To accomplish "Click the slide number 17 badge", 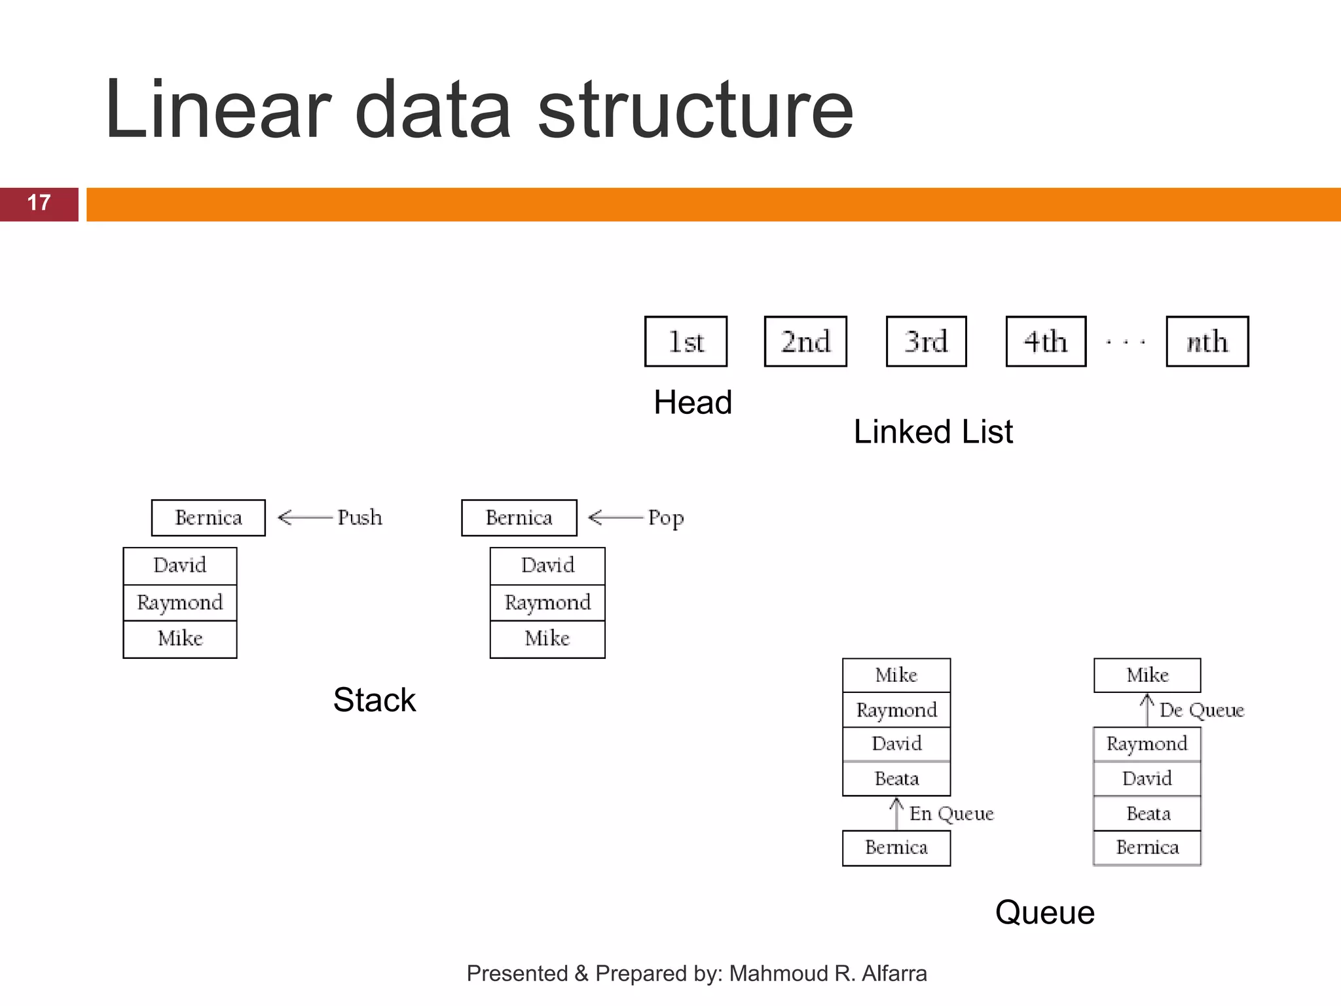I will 39,204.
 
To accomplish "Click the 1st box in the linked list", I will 686,341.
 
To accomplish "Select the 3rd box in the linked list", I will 926,341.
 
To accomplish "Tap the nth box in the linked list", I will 1207,341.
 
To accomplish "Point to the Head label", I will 693,402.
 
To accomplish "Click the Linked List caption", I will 933,432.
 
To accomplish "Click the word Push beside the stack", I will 359,517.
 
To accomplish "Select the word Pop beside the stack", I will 666,518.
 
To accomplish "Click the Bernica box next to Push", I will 208,518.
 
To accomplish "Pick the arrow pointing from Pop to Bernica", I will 615,517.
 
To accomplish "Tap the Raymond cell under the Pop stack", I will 547,603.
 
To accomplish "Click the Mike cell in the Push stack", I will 180,639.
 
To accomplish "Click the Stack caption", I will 374,699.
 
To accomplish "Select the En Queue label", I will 951,813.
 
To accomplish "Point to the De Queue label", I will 1201,710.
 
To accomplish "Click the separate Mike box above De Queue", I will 1147,675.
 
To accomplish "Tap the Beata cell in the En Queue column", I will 896,779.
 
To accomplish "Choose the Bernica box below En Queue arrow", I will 896,848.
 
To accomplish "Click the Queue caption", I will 1044,912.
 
